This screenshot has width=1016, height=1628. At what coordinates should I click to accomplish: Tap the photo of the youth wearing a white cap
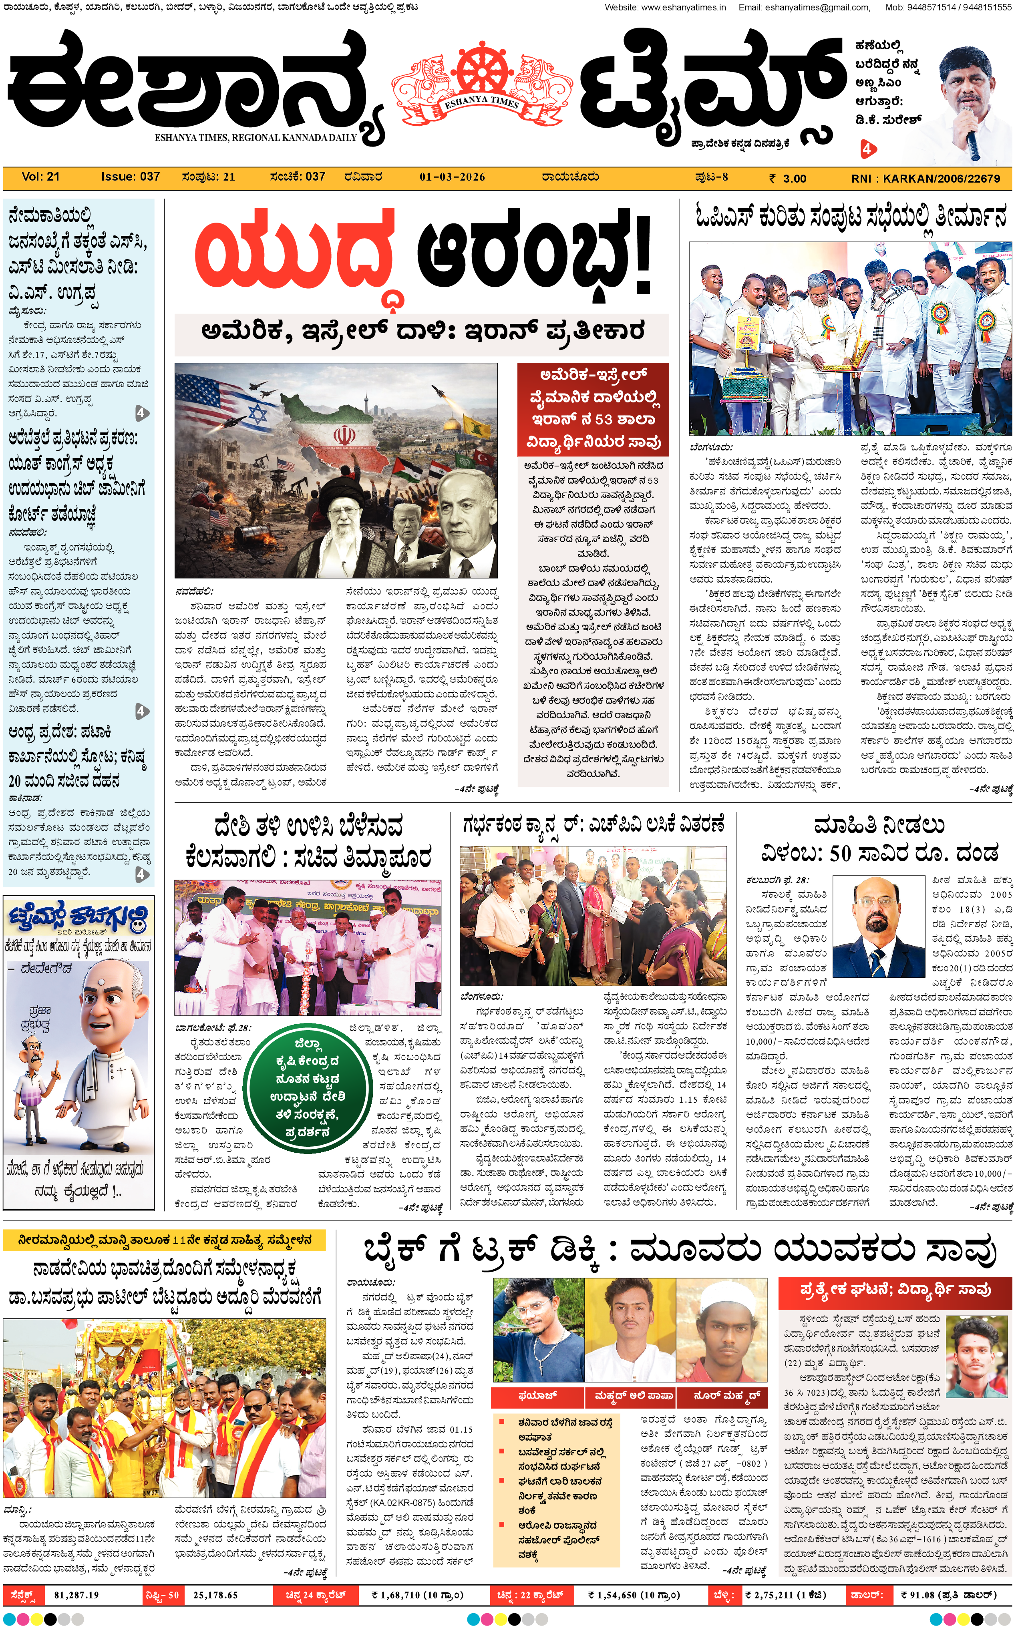721,1330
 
